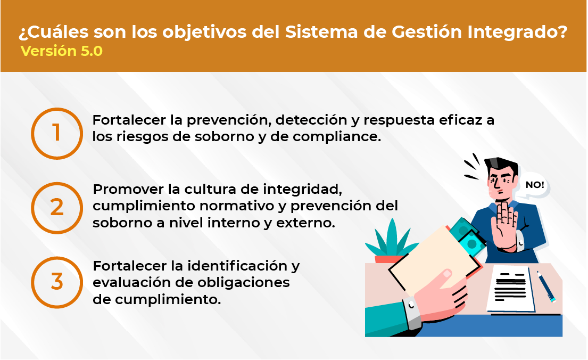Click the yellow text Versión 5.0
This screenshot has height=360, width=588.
point(62,51)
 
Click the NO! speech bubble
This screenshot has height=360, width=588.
point(534,185)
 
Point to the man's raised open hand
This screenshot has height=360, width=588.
point(505,227)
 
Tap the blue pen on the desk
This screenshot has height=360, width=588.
point(546,287)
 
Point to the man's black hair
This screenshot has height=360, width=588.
point(501,165)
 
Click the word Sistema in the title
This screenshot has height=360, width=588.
point(321,32)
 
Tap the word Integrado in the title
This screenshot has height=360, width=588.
point(517,32)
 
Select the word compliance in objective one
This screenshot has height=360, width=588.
point(337,137)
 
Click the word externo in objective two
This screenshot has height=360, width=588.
point(305,223)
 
